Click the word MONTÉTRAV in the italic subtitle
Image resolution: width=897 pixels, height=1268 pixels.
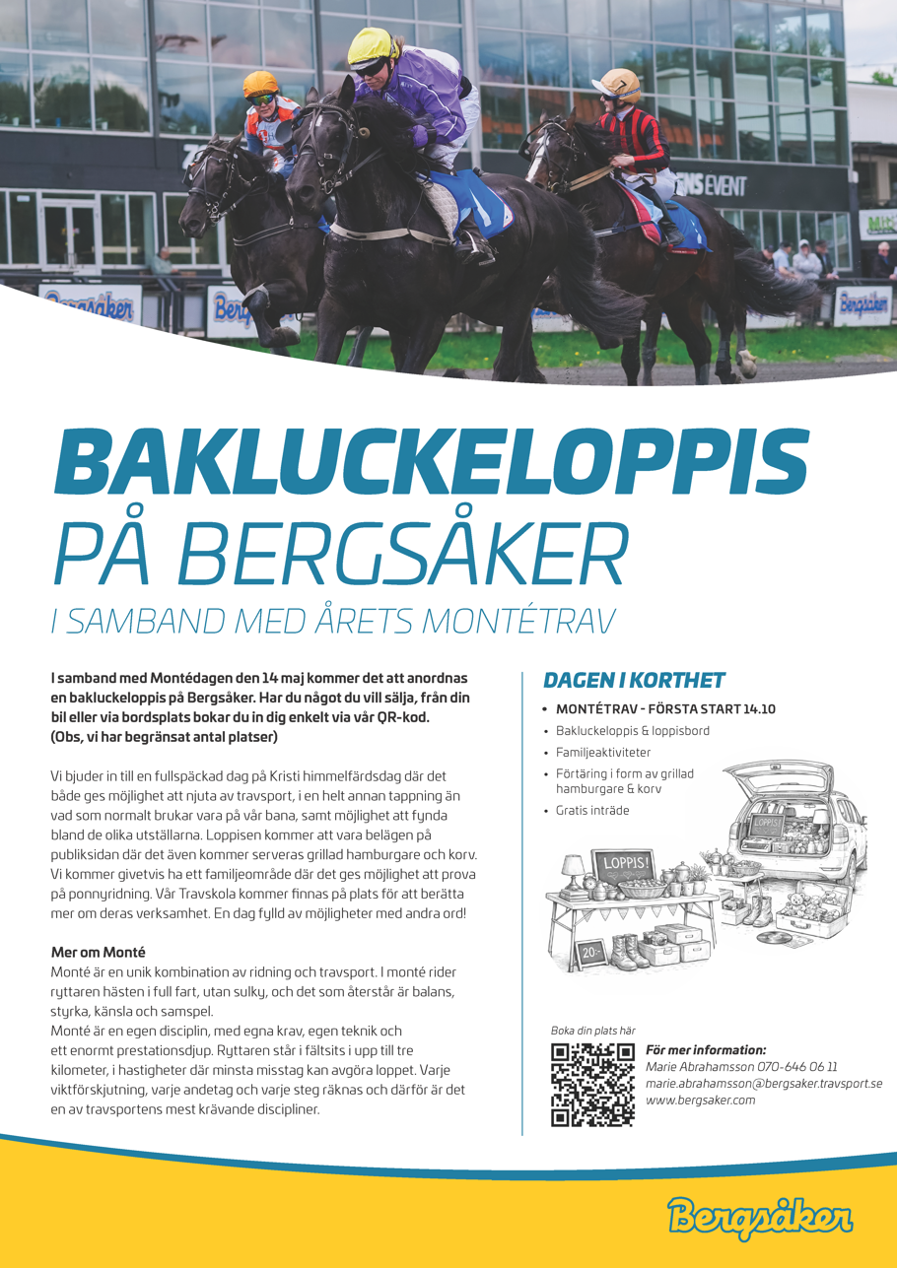518,621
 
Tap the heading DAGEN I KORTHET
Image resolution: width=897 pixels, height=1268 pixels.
634,680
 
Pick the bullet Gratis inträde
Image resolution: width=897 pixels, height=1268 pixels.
591,810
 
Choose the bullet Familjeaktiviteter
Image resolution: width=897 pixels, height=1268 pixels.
602,752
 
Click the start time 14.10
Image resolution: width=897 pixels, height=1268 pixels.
760,708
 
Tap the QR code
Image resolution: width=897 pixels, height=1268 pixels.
591,1084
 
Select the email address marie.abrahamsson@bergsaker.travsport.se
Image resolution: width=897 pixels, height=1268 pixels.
763,1084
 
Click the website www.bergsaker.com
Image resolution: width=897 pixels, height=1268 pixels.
700,1100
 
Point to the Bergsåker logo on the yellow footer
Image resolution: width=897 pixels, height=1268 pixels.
759,1216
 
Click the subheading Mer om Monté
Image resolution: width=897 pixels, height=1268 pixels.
98,952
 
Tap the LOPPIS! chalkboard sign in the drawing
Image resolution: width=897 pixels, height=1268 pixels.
620,865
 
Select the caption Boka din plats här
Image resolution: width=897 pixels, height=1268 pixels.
592,1031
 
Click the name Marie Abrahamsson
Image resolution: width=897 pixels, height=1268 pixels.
699,1067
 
